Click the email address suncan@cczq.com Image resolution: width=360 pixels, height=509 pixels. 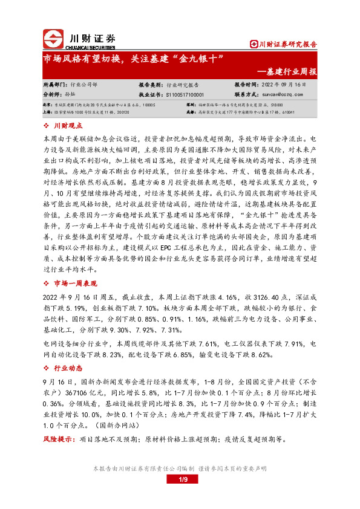281,95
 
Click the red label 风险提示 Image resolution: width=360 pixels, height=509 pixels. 59,439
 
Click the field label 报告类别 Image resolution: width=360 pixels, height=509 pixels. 151,85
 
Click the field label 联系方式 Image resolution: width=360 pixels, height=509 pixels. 246,95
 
